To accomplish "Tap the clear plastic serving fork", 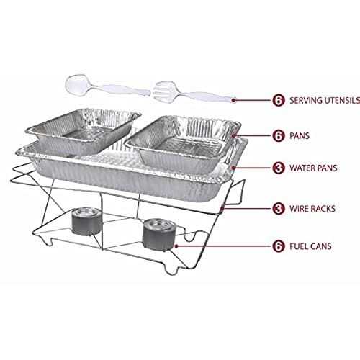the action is point(192,91).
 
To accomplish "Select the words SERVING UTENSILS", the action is point(325,100).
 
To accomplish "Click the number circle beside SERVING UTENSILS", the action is point(279,100).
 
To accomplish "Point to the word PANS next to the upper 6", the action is point(300,136).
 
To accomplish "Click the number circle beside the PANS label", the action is point(279,136).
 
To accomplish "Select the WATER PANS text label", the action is point(313,168).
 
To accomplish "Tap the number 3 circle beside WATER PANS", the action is point(279,168).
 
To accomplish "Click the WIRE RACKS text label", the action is point(312,209).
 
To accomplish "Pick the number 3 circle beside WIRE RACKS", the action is point(279,209).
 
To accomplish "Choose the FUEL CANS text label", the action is point(310,246).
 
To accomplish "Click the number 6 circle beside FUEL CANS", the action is point(279,246).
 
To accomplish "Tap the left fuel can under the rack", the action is point(86,221).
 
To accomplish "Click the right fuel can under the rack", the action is point(159,233).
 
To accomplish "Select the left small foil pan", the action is point(83,131).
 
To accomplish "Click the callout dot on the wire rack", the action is point(223,209).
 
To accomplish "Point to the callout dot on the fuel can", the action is point(176,246).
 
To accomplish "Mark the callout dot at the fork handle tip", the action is point(234,100).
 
